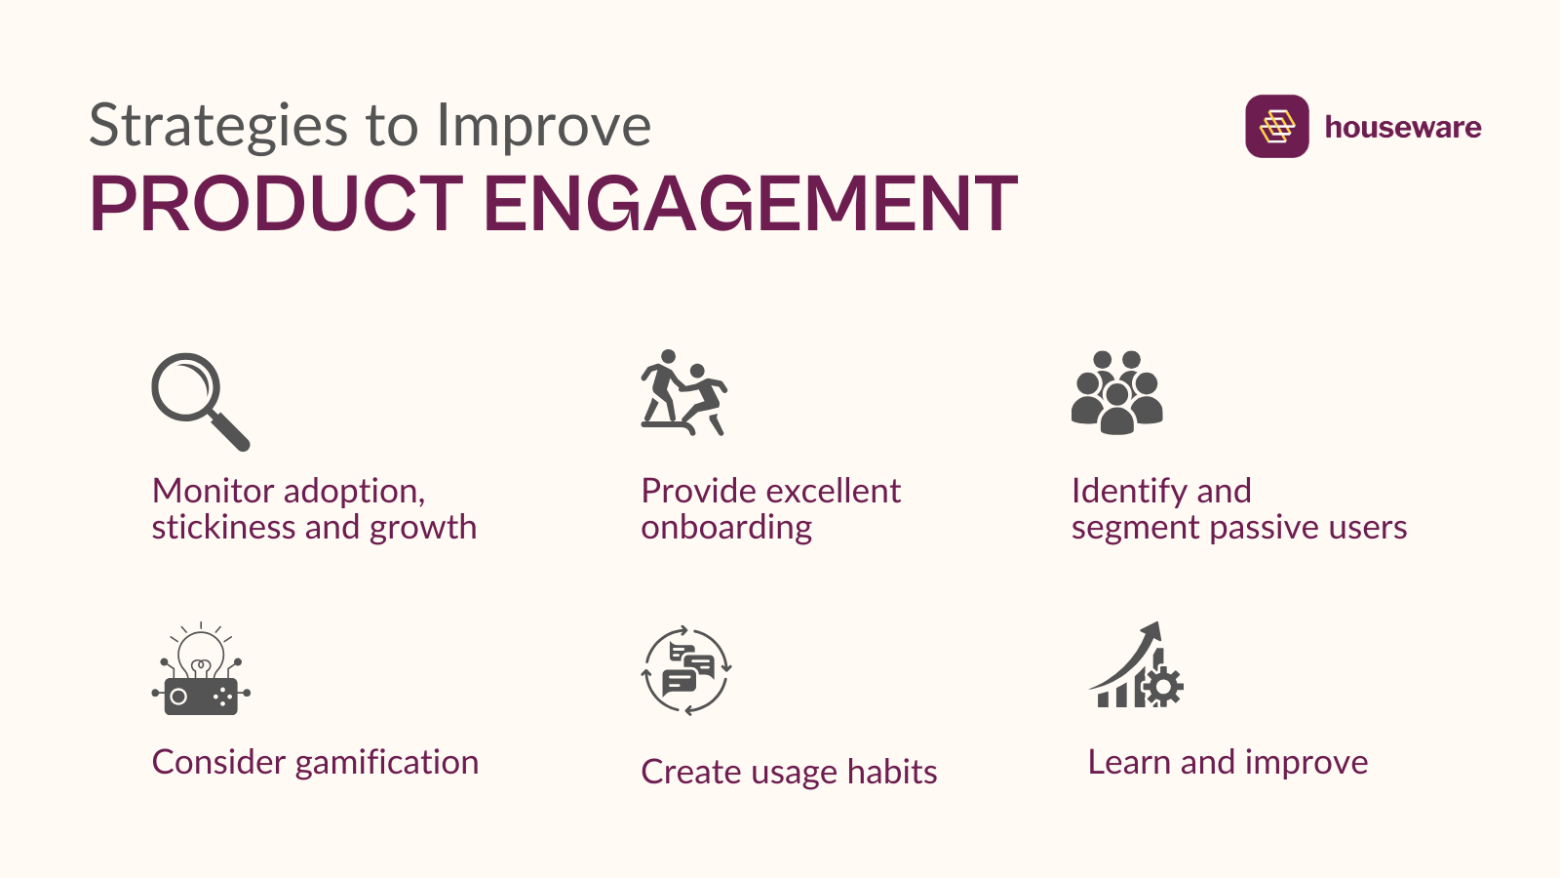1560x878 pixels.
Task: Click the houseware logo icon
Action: point(1276,126)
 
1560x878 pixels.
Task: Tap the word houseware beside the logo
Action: point(1402,127)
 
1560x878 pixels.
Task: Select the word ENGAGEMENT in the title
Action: point(750,204)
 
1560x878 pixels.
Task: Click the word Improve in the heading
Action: point(543,127)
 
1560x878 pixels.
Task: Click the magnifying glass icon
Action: point(200,401)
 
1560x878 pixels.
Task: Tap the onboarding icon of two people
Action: point(683,392)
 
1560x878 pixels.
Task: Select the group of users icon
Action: point(1116,392)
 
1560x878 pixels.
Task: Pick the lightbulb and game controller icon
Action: point(201,670)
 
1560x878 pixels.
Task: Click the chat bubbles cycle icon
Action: point(686,670)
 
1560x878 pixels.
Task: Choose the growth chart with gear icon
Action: point(1136,666)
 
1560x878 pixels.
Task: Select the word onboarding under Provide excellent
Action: point(726,528)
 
